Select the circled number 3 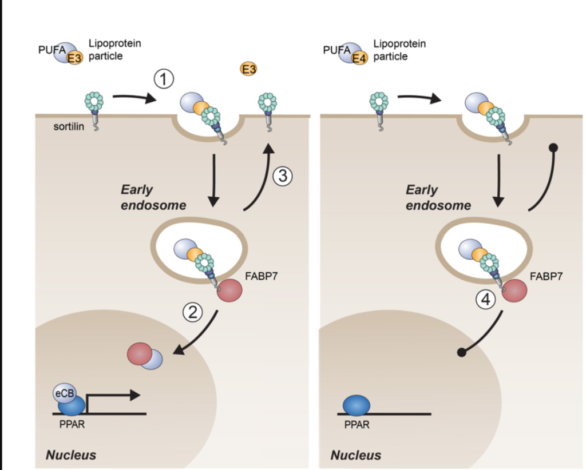(282, 176)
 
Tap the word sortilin (69, 126)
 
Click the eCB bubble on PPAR (64, 393)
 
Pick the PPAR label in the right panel (357, 425)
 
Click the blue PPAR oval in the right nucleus (356, 405)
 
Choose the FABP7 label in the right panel (546, 276)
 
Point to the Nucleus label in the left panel (71, 455)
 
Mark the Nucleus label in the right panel (355, 455)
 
